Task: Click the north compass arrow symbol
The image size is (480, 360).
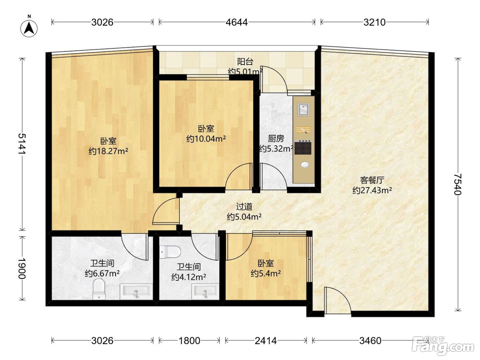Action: [29, 28]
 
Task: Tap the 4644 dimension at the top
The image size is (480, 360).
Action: [237, 22]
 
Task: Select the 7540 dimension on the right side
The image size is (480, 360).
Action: [457, 184]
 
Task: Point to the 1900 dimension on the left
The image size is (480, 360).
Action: [22, 269]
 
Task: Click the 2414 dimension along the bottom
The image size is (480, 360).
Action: [266, 340]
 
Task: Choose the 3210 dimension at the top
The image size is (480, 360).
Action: [374, 22]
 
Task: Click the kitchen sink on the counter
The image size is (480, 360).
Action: [303, 109]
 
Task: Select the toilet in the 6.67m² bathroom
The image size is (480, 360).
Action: [99, 290]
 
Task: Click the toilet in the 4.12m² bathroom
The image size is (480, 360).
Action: [170, 252]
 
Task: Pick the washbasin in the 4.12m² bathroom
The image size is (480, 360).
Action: [205, 291]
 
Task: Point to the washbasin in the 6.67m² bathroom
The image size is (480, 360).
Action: [136, 291]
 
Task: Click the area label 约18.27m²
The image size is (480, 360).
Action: [108, 151]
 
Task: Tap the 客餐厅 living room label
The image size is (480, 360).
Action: [372, 180]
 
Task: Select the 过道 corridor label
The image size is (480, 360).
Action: [244, 206]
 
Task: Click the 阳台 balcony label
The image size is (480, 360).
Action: [245, 62]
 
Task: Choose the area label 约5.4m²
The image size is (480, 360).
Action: [266, 273]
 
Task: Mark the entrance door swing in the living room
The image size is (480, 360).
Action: [338, 301]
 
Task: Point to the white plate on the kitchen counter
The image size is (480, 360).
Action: [304, 164]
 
